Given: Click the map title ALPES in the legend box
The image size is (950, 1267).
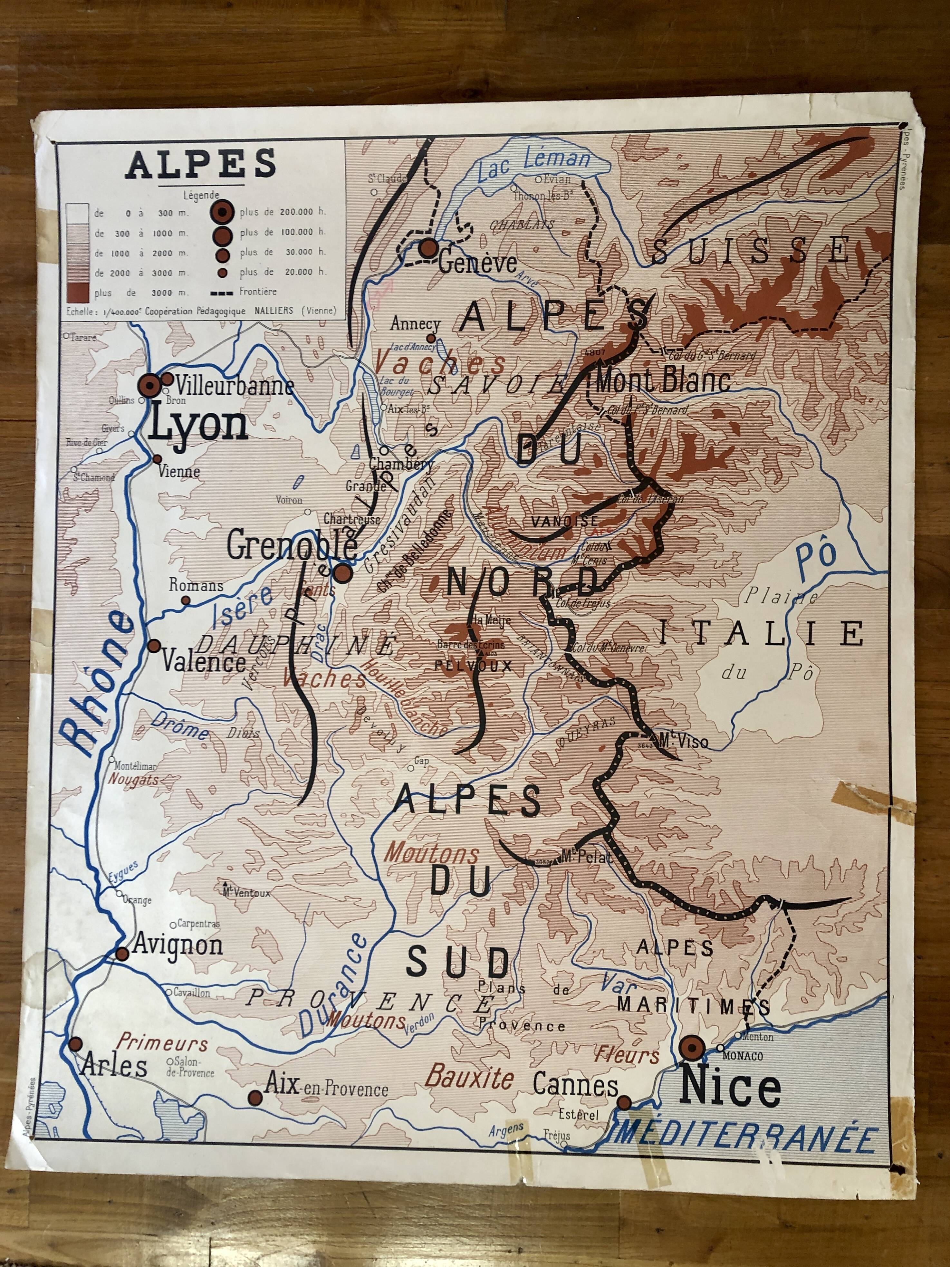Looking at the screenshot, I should click(x=202, y=164).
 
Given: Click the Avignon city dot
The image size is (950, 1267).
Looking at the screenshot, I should click(x=122, y=953).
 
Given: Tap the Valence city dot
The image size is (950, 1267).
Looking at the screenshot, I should click(x=153, y=646).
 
